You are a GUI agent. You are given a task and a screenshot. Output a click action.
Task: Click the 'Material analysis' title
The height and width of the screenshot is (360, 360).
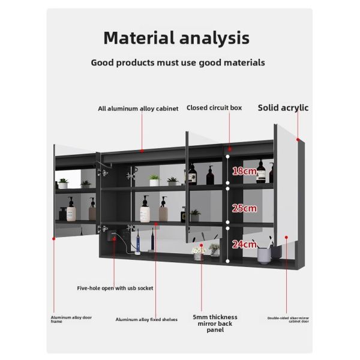click(x=176, y=38)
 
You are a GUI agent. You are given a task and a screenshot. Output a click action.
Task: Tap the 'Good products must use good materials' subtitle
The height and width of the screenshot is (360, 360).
click(x=178, y=62)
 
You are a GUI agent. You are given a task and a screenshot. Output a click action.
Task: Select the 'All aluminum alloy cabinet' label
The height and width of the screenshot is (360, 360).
click(x=138, y=109)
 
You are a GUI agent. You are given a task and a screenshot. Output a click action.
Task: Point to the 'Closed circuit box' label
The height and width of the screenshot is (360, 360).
click(x=214, y=107)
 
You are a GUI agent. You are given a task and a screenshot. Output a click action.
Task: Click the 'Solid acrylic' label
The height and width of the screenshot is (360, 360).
click(x=283, y=108)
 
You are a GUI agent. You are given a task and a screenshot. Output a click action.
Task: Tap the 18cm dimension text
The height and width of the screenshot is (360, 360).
click(x=244, y=171)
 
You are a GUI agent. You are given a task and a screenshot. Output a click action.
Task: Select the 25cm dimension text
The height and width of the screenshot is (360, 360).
click(x=244, y=208)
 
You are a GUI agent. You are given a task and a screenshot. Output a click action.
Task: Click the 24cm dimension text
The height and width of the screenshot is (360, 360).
click(x=244, y=244)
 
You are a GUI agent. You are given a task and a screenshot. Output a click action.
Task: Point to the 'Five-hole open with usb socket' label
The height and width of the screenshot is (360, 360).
click(x=115, y=288)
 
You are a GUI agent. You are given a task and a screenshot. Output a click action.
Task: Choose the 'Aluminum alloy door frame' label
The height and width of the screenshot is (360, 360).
click(x=71, y=319)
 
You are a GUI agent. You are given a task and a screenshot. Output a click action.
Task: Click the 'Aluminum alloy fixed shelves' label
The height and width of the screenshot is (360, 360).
click(x=146, y=320)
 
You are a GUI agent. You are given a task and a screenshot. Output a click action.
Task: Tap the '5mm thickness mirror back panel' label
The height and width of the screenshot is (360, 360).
click(x=215, y=323)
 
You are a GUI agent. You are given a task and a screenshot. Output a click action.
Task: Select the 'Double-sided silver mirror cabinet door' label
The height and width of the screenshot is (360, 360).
click(x=288, y=320)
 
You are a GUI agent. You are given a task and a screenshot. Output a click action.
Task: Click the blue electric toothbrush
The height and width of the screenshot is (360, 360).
click(x=138, y=242)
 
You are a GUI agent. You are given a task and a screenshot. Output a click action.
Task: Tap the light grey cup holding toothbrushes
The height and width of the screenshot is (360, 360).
click(x=264, y=256)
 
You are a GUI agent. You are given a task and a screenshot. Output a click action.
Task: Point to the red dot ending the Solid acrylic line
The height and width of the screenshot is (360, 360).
click(x=298, y=139)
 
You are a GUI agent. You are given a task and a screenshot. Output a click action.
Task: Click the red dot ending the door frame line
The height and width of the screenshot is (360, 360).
click(x=54, y=239)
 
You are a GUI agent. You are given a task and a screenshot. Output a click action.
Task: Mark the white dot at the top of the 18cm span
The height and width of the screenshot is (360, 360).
click(x=227, y=157)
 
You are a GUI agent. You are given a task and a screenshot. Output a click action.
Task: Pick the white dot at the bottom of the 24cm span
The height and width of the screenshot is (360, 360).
click(x=227, y=261)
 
